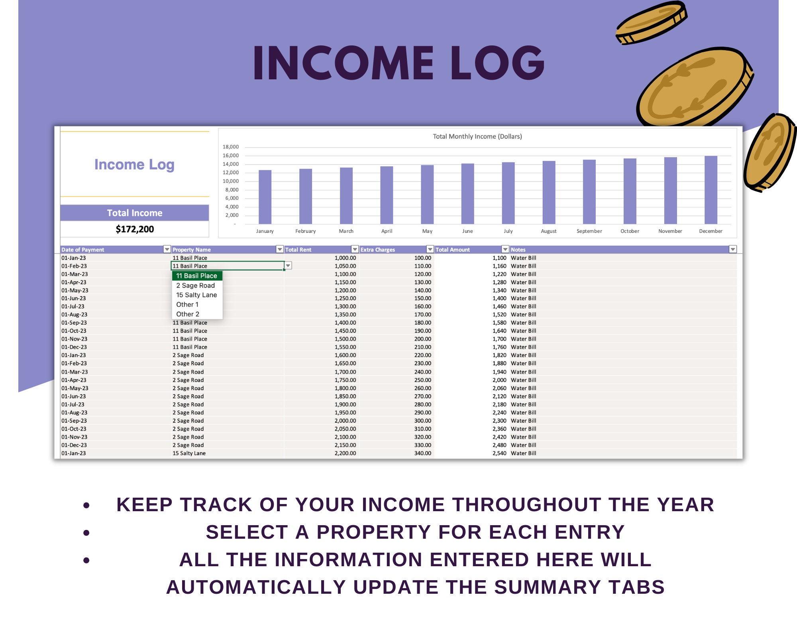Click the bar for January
tap(265, 197)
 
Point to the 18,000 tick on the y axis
tap(231, 147)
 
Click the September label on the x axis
tap(589, 231)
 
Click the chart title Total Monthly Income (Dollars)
tap(477, 136)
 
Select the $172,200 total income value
tap(135, 229)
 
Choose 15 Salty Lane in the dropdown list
tap(196, 295)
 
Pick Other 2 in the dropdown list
tap(188, 314)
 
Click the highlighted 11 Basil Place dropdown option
tap(196, 276)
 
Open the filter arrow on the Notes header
tap(732, 249)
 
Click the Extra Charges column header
tap(377, 250)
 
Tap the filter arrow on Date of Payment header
tap(167, 249)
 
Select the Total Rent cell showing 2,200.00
tap(345, 453)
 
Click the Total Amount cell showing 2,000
tap(499, 380)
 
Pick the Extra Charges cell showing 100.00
tap(422, 258)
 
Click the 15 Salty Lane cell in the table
tap(189, 453)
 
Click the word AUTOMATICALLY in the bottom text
tap(256, 587)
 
